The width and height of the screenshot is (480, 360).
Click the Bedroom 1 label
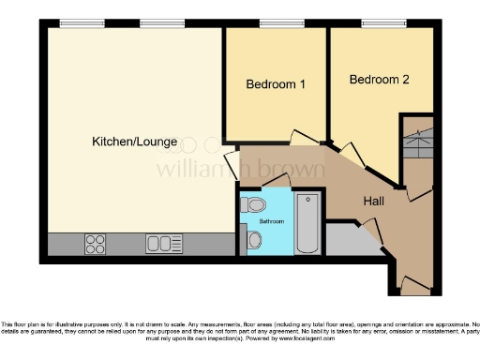[276, 84]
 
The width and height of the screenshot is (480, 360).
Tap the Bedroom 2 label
[379, 80]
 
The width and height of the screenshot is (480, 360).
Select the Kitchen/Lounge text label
[133, 142]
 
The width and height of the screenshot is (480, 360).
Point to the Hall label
[378, 200]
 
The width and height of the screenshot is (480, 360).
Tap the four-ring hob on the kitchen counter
[96, 244]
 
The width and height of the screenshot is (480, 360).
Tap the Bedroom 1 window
[275, 23]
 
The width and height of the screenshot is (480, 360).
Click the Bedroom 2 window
[378, 23]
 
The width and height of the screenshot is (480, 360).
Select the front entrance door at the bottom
[413, 283]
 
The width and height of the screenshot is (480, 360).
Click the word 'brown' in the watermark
[292, 171]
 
